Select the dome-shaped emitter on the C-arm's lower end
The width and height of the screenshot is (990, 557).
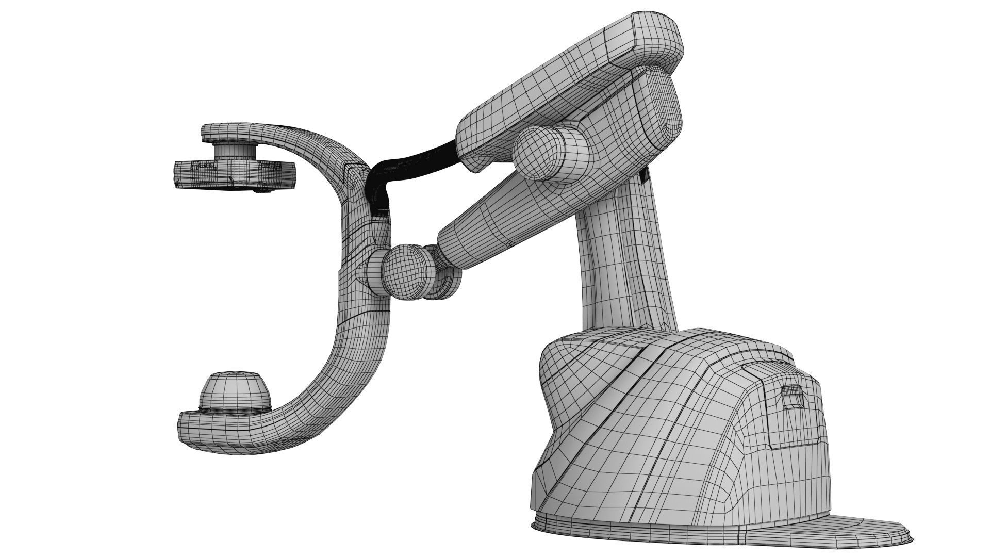(235, 390)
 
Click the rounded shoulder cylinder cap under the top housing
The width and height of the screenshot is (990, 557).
(539, 153)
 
